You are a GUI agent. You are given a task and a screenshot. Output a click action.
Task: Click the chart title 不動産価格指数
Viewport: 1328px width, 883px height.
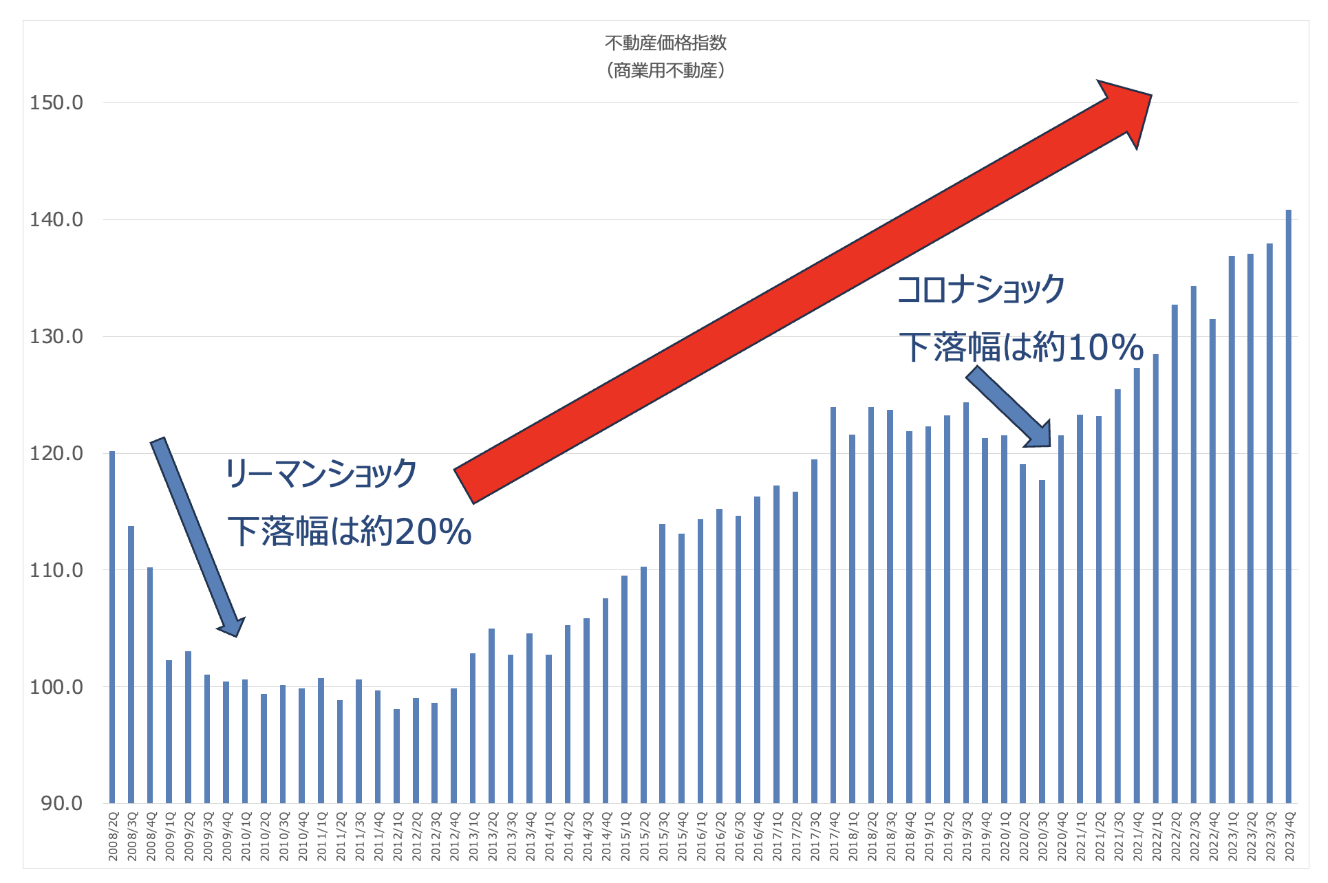click(665, 43)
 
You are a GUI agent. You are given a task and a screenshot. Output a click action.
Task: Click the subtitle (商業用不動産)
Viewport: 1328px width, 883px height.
click(665, 70)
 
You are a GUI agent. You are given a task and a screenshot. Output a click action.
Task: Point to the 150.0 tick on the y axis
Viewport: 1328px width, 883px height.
click(56, 103)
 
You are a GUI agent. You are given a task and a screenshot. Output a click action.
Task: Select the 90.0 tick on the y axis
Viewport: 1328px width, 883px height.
click(61, 803)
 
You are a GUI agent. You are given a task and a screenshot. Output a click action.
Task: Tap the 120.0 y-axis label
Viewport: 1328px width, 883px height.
click(56, 453)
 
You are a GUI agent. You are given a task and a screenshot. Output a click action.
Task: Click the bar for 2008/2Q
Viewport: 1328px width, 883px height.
click(112, 626)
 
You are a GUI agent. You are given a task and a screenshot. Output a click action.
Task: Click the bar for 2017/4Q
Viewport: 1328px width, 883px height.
click(833, 605)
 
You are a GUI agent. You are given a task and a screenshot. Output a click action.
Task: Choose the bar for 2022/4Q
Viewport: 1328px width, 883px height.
click(1212, 560)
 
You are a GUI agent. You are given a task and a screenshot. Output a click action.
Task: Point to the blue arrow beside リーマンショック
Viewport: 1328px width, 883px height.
click(196, 536)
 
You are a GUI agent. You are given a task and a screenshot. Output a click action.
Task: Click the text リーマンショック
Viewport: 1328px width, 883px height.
click(321, 474)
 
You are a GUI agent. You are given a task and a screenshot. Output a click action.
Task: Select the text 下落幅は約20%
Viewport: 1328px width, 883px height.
click(350, 532)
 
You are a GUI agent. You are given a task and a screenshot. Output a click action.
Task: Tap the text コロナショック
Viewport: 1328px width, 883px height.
click(981, 289)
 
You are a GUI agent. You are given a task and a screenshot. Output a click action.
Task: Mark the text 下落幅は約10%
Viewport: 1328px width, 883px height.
click(1021, 347)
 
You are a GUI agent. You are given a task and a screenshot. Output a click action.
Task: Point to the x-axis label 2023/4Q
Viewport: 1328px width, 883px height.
click(1289, 836)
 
